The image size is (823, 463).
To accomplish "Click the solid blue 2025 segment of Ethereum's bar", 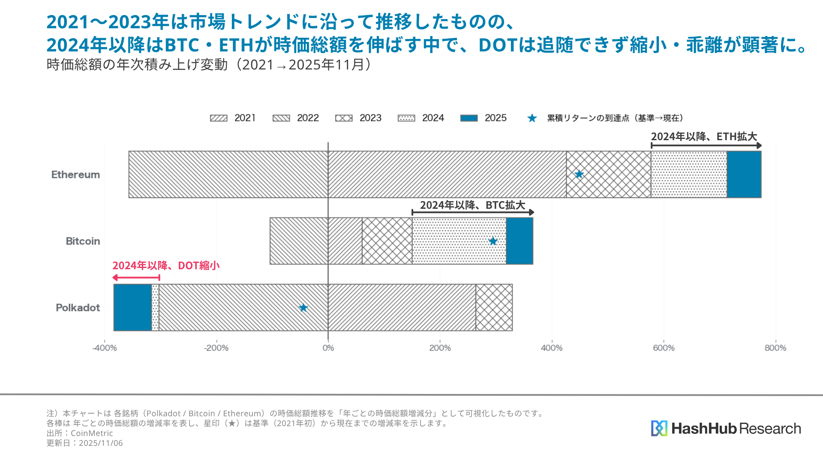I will pos(744,174).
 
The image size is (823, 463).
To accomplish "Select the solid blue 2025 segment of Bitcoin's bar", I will pos(520,241).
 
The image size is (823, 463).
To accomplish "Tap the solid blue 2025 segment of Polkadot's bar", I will pos(132,307).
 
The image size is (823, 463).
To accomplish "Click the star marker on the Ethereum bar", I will pos(579,174).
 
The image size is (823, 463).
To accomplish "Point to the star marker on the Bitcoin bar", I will pos(493,241).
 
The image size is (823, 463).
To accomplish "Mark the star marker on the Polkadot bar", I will pos(303,308).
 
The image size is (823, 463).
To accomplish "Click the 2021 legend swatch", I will pos(219,118).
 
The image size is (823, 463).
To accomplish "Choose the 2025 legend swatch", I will pos(469,118).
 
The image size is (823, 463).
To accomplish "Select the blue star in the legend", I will pos(532,118).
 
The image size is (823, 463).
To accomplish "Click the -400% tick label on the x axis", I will pos(105,348).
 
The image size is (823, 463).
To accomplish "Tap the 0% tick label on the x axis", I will pos(328,348).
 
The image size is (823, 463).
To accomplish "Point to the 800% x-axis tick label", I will pos(775,348).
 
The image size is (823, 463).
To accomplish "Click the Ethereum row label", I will pos(75,174).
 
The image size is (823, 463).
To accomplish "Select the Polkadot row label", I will pos(78,308).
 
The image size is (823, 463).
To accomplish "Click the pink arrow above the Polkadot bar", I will pos(136,278).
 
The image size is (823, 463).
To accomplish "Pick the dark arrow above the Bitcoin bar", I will pos(473,212).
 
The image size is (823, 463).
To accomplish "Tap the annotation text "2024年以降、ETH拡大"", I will pos(704,137).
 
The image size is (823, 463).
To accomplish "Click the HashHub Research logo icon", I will pos(659,428).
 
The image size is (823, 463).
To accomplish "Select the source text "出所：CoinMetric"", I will pos(80,433).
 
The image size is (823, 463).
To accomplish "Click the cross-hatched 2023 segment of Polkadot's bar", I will pos(494,307).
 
